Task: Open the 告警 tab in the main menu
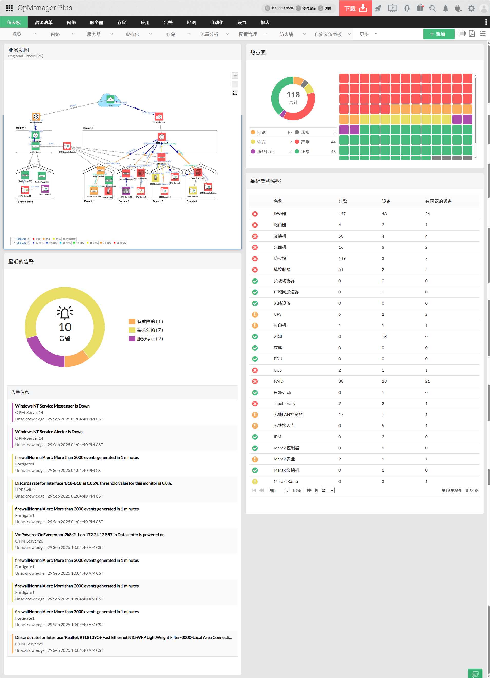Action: point(168,22)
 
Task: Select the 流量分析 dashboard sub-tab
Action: point(209,34)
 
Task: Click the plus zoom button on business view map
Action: point(235,75)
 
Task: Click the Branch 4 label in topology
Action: point(191,201)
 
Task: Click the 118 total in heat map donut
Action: point(293,95)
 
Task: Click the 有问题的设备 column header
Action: point(438,201)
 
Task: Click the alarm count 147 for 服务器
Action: point(342,214)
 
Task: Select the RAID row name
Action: point(278,381)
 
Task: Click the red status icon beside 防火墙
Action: point(255,259)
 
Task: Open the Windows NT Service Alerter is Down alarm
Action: point(49,432)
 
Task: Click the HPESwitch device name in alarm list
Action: point(25,490)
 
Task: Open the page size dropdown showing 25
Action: point(327,491)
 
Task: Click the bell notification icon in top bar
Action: point(445,8)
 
